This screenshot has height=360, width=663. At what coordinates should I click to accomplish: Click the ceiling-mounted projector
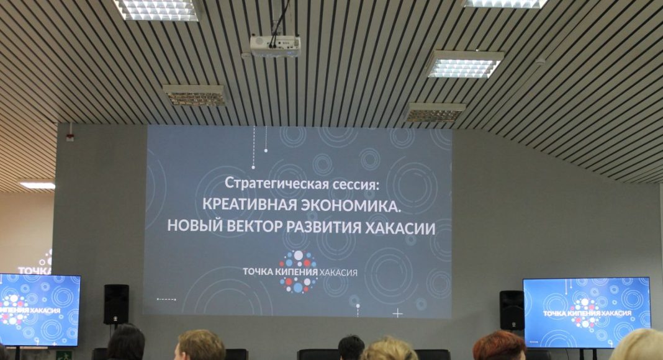coord(275,46)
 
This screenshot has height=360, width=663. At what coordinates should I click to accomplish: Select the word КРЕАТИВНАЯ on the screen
coord(250,204)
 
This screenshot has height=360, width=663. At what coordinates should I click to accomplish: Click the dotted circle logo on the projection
coord(299,271)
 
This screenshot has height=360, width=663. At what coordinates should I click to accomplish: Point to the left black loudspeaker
coord(116,304)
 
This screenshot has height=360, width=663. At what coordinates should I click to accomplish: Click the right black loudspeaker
coord(512,310)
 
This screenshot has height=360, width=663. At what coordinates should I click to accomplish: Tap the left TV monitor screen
coord(39,310)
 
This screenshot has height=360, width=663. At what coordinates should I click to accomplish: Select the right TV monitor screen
coord(587,313)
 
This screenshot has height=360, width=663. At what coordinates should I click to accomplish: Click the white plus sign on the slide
coord(397,313)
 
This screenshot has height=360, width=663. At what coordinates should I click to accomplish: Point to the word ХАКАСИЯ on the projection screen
coord(338,272)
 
